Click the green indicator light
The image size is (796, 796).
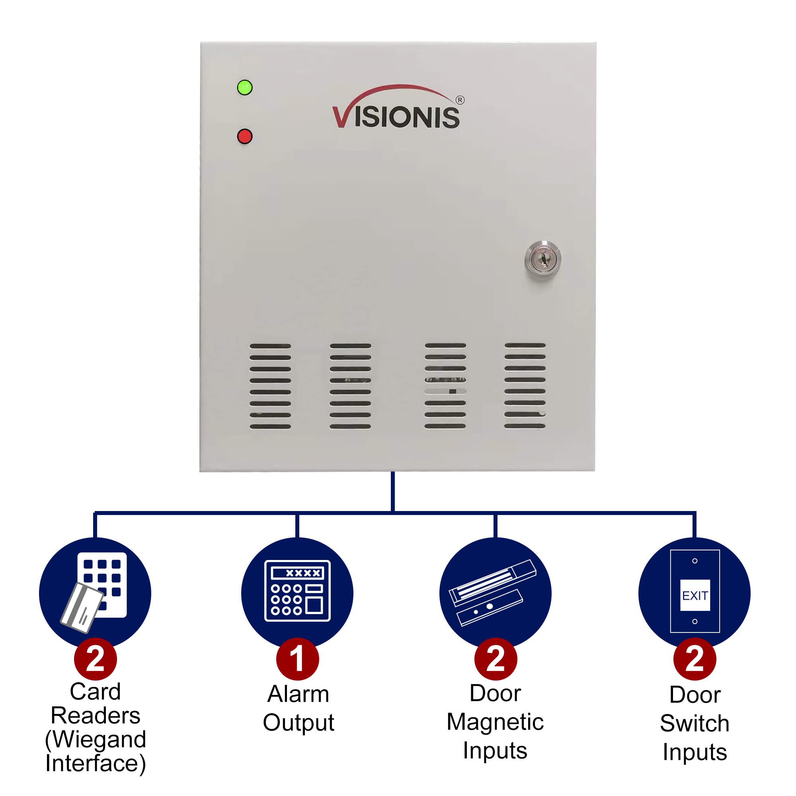245,88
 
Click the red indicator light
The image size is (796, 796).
245,137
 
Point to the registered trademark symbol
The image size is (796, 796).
460,100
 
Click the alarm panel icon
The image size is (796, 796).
297,590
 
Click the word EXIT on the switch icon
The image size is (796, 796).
695,596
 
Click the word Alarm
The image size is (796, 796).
298,694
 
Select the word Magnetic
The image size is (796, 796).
495,722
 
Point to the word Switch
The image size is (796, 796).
695,724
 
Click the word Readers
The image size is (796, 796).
95,715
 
